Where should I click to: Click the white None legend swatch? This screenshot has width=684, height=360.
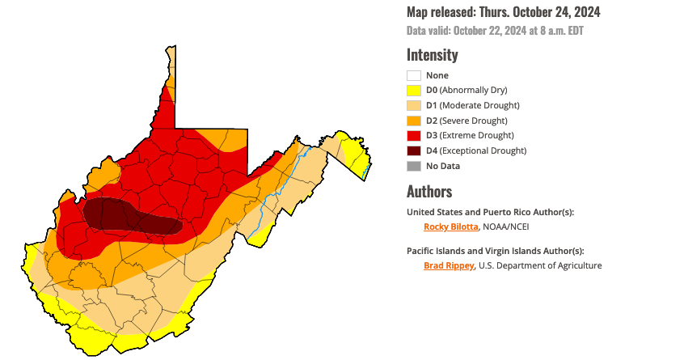[414, 75]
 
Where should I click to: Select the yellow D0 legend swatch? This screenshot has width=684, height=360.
[414, 91]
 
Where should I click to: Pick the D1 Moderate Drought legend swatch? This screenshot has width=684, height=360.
[414, 105]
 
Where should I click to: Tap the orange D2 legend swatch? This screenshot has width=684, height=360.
[414, 121]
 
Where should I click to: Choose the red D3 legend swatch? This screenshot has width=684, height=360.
[414, 135]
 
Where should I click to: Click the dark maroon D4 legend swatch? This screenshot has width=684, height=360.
[414, 150]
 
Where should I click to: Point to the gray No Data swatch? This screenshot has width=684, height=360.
[414, 166]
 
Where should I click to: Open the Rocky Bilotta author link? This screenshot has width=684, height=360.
[451, 227]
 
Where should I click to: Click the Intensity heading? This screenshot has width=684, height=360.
[432, 55]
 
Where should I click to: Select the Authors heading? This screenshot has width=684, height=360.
[429, 192]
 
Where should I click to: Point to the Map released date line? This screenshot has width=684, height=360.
[503, 12]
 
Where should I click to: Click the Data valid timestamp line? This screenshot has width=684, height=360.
[495, 31]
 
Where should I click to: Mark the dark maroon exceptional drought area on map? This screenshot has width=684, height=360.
[113, 214]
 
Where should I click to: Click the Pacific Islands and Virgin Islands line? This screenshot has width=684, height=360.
[495, 251]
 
